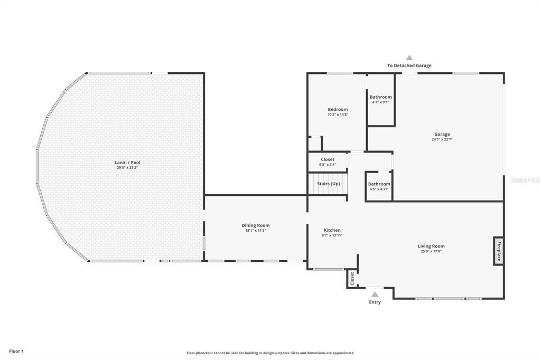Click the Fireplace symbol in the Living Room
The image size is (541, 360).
click(x=498, y=251)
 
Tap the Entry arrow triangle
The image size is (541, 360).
click(x=375, y=294)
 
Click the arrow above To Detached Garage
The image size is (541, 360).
click(x=409, y=58)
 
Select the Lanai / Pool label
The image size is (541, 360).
click(x=127, y=163)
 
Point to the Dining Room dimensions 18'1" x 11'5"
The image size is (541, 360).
click(x=256, y=231)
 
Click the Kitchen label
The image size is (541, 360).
click(x=332, y=230)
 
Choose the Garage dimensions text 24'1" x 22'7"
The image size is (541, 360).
click(x=442, y=140)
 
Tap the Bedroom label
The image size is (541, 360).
click(x=338, y=109)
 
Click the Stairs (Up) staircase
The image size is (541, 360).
click(x=328, y=184)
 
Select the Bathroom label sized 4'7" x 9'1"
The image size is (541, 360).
click(x=380, y=97)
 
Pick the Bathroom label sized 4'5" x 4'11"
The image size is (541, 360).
click(x=379, y=184)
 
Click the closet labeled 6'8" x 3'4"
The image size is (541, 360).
click(x=328, y=162)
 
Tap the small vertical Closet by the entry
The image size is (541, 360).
click(x=352, y=279)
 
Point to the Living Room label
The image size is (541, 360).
click(x=431, y=246)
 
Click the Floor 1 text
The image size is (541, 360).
click(x=16, y=352)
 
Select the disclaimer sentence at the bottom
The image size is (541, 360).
click(x=270, y=353)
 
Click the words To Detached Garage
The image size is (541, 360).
click(x=409, y=65)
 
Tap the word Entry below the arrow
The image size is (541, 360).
click(x=375, y=302)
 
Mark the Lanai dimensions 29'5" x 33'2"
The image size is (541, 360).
click(x=127, y=167)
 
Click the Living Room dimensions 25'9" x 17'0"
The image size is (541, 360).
click(x=431, y=251)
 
